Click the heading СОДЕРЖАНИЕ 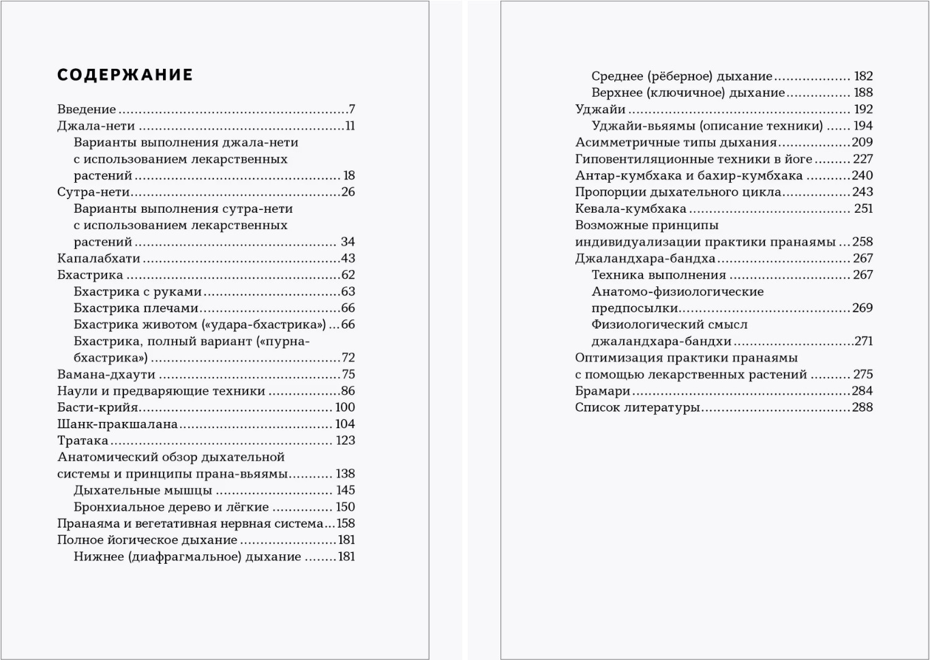click(x=125, y=75)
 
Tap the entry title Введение click(x=87, y=109)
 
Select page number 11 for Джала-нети click(x=350, y=126)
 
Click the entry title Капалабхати click(x=99, y=258)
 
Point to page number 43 click(x=348, y=258)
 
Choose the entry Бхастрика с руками click(x=138, y=292)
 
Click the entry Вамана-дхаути click(x=106, y=374)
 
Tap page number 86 click(x=348, y=391)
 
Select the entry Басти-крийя click(x=97, y=408)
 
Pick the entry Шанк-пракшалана click(x=117, y=424)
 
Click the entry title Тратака click(x=82, y=440)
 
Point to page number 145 click(x=345, y=490)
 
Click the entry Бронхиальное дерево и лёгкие click(x=171, y=507)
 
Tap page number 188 click(x=863, y=93)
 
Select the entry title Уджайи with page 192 click(x=600, y=109)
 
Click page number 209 click(x=862, y=142)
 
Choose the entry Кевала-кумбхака click(x=631, y=209)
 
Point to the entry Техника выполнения click(x=659, y=275)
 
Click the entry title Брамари click(x=603, y=391)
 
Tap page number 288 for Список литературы click(x=862, y=408)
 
